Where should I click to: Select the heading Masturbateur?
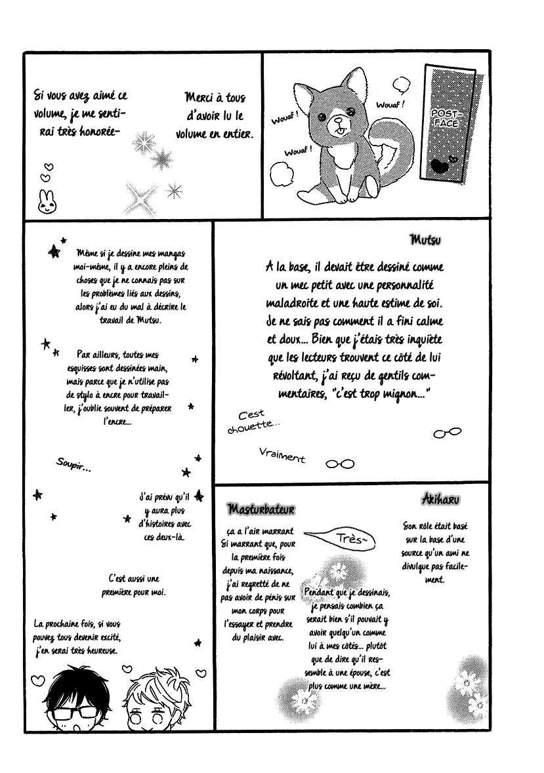coord(261,509)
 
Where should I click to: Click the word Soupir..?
coord(73,466)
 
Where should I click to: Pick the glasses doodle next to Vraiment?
coord(340,464)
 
